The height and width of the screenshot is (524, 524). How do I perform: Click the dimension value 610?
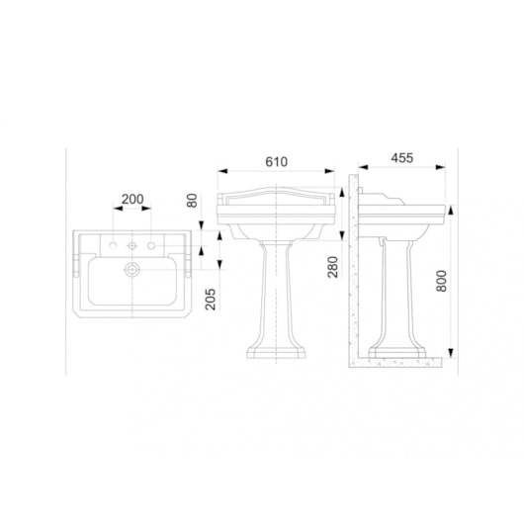click(x=278, y=160)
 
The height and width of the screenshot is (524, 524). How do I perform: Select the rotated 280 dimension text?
click(x=333, y=266)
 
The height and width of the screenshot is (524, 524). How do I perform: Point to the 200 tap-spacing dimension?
click(x=131, y=199)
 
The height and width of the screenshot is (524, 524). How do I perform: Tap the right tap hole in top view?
click(x=150, y=244)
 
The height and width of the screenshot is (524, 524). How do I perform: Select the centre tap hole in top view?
click(x=132, y=244)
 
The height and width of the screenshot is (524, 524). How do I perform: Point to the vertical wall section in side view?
click(x=353, y=267)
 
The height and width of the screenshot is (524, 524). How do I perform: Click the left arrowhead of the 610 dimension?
click(x=219, y=170)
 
